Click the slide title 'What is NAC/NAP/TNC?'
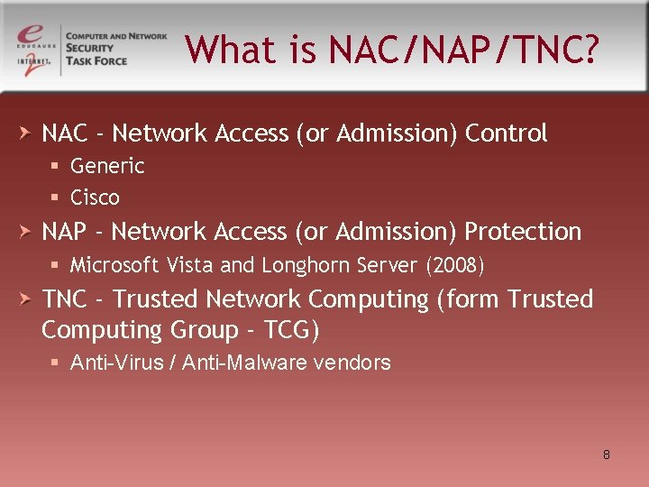point(391,50)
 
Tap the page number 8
point(606,455)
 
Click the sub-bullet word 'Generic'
point(107,166)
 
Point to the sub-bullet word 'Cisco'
point(95,198)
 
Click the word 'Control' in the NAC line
point(506,133)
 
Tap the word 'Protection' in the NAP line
point(523,232)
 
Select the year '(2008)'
point(455,265)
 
